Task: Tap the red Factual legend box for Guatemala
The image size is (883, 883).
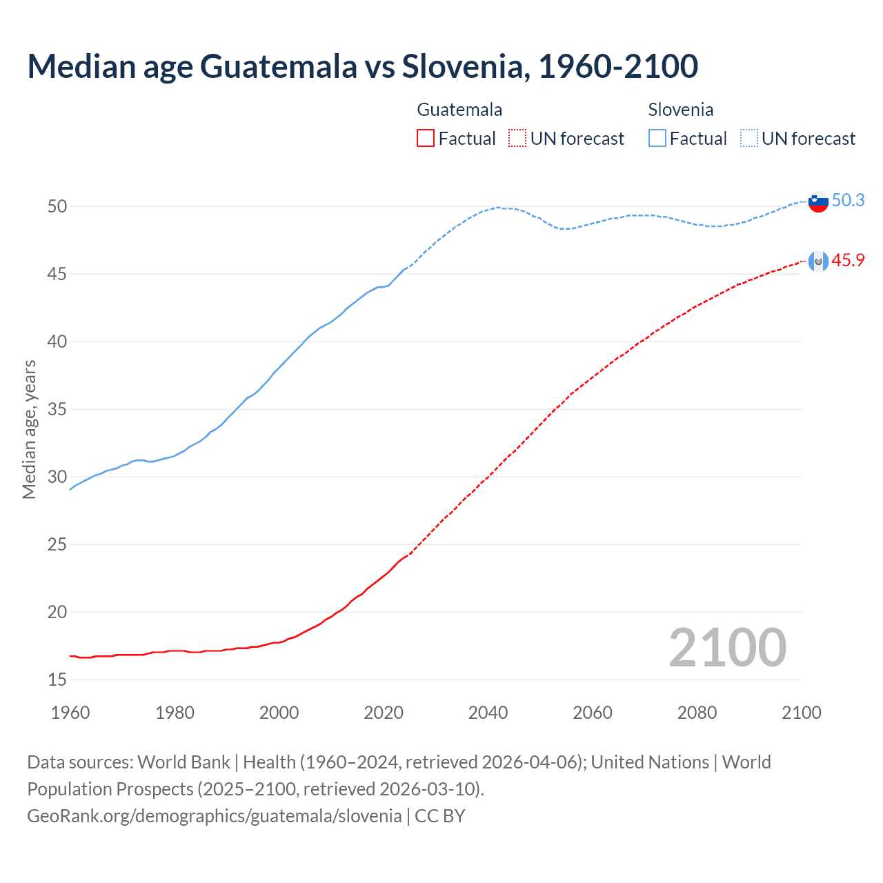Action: point(426,138)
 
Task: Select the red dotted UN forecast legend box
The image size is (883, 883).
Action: point(517,138)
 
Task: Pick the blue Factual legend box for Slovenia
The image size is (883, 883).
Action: point(657,138)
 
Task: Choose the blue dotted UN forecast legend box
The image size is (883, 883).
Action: point(749,138)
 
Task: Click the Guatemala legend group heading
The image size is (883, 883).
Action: point(459,110)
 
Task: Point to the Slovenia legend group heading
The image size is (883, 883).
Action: point(680,110)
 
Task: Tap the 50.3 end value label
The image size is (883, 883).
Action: point(848,200)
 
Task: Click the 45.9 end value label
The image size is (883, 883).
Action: point(848,260)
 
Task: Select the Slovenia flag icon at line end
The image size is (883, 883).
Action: point(818,202)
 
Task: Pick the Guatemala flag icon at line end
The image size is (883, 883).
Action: point(818,261)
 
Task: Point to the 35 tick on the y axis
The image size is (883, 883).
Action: point(57,409)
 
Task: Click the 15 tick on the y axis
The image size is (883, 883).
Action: point(57,679)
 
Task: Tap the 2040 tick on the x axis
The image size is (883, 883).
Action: point(488,713)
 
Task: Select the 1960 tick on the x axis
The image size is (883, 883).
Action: point(70,713)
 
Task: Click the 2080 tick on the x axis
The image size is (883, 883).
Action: point(697,713)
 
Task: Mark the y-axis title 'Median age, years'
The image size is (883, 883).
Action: point(29,429)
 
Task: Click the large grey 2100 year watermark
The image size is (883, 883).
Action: point(727,647)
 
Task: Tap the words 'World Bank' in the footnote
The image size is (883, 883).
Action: point(183,762)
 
